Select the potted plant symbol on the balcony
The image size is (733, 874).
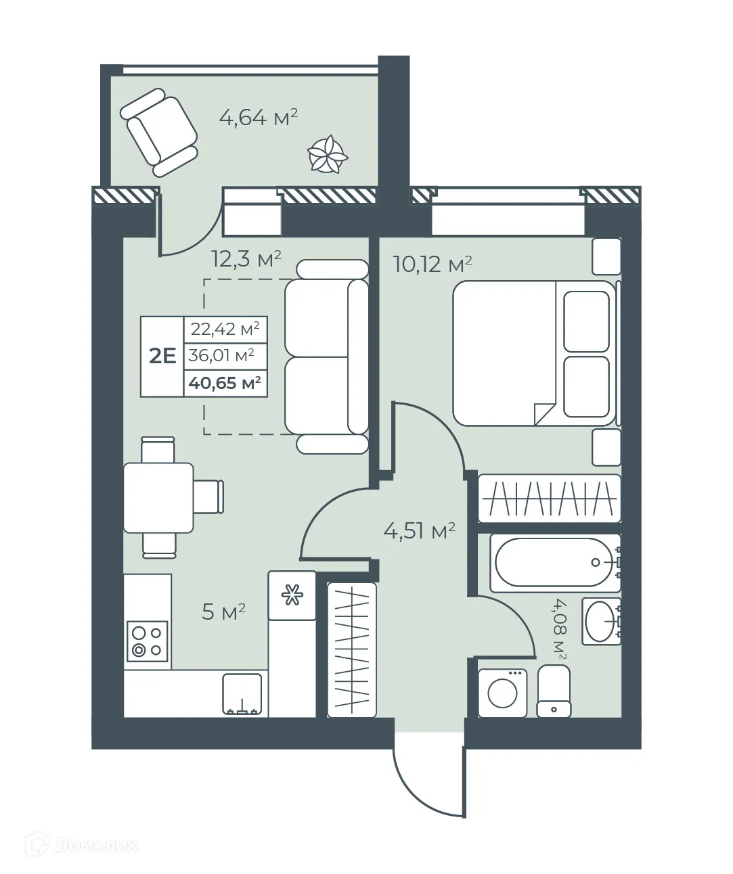click(328, 154)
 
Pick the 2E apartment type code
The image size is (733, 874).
click(162, 356)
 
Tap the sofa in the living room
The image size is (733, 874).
click(326, 356)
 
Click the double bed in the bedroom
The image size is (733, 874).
click(535, 353)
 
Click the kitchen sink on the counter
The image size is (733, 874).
click(242, 695)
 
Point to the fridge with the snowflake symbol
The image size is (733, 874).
click(292, 595)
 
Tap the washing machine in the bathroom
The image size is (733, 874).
click(502, 693)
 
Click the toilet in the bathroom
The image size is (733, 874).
click(554, 691)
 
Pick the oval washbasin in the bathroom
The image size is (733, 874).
click(600, 620)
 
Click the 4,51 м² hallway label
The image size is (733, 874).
click(419, 531)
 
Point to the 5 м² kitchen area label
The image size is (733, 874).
click(223, 613)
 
